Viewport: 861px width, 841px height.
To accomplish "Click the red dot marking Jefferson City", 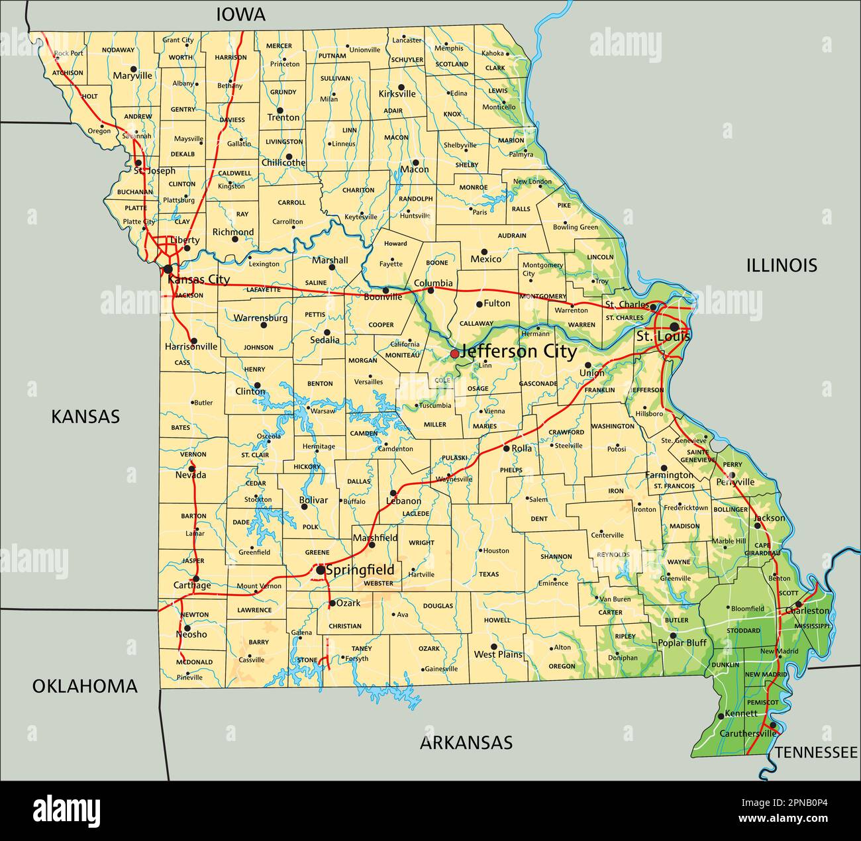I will tap(454, 354).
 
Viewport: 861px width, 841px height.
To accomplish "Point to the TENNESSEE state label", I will tap(816, 752).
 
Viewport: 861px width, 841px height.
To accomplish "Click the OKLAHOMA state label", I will tap(85, 686).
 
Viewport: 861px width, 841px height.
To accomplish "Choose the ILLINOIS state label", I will tap(782, 266).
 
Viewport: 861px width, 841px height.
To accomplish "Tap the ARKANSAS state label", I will tap(466, 742).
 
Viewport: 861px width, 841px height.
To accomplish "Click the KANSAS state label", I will tap(85, 416).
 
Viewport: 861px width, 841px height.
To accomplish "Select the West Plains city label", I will tap(498, 654).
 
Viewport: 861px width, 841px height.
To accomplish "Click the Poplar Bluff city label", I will tap(682, 642).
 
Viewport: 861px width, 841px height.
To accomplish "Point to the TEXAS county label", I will tap(489, 574).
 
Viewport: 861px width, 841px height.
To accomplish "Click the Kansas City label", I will tap(199, 279).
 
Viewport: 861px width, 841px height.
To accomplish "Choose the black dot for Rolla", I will tap(507, 448).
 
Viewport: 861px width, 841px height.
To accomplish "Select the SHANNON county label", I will tap(556, 557).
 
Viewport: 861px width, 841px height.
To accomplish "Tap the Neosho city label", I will tap(191, 634).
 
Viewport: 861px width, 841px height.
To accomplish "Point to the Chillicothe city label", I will tap(283, 162).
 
